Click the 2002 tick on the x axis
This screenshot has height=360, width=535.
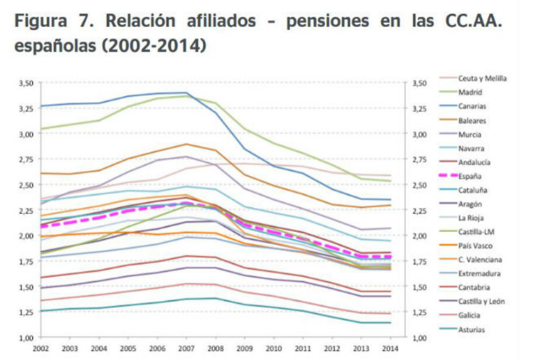coord(40,348)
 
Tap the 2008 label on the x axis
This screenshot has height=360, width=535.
coord(214,348)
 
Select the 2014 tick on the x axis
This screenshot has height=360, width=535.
coord(390,348)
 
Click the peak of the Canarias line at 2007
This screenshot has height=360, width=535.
coord(186,93)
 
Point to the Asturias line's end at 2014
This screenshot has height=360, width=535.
coord(390,323)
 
